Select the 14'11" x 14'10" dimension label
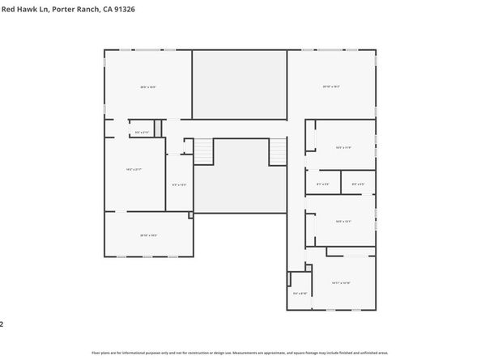[340, 282]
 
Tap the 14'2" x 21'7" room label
[134, 169]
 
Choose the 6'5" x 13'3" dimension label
[179, 184]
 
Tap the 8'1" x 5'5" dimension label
[322, 184]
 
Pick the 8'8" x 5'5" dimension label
[358, 184]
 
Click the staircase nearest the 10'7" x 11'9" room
[278, 150]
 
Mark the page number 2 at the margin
[2, 324]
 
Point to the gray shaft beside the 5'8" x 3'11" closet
[159, 129]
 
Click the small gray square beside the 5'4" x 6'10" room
[289, 279]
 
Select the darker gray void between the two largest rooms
[240, 84]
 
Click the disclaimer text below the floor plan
[240, 353]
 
